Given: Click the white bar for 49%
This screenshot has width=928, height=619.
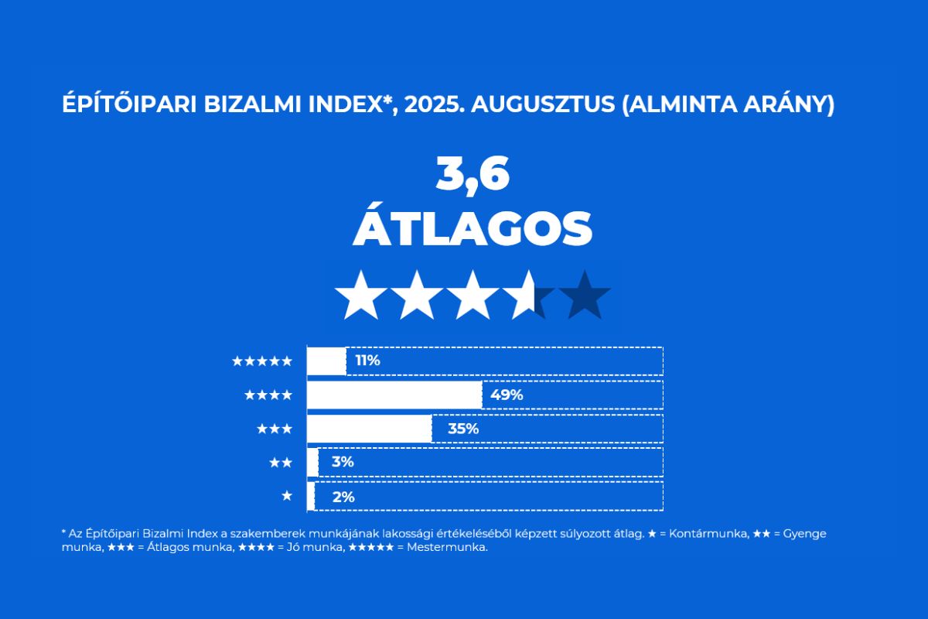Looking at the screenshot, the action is click(394, 395).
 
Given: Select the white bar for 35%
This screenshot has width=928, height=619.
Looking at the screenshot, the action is click(369, 429).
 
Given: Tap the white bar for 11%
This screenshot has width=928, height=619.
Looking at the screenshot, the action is click(326, 361).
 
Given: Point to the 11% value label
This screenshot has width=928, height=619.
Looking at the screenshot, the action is click(367, 361).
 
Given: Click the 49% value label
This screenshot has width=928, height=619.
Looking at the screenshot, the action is click(507, 395).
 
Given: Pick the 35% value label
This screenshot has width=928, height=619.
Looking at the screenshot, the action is click(463, 429).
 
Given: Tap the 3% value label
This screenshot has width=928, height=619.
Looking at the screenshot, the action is click(343, 462).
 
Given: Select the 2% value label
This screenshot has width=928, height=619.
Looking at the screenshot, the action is click(343, 497).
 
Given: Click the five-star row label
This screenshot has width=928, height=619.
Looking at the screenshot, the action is click(262, 361).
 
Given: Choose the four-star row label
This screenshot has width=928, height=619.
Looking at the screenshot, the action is click(268, 395).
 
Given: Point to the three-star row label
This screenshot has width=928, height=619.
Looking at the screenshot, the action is click(275, 429).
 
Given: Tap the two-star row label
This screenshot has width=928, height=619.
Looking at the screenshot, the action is click(281, 462).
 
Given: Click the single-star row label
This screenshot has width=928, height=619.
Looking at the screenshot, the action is click(287, 495).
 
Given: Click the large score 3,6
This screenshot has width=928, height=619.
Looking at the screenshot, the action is click(473, 174).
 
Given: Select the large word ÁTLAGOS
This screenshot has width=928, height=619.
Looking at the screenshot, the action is click(473, 228).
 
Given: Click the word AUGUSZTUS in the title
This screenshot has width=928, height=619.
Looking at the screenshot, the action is click(543, 104).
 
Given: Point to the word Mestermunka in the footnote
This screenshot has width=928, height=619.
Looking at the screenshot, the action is click(447, 547).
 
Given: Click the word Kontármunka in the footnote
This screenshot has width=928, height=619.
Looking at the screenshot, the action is click(709, 534).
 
